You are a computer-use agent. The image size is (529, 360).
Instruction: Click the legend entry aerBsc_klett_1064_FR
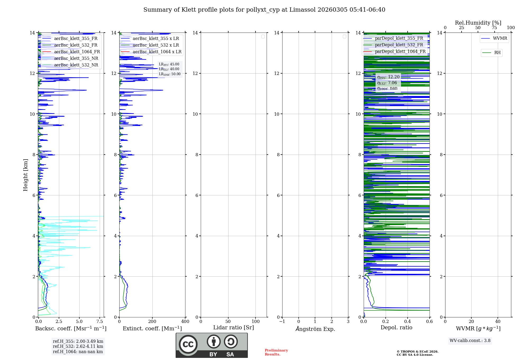(77, 52)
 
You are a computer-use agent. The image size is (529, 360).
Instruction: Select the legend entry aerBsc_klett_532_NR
(76, 65)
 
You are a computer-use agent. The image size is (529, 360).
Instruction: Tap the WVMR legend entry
(500, 38)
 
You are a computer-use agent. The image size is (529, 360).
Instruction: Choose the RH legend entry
(497, 53)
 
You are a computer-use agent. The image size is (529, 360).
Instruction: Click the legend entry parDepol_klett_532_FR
(399, 45)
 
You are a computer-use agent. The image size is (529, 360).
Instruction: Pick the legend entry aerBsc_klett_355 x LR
(156, 39)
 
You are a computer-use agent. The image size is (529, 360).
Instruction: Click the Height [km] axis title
(25, 175)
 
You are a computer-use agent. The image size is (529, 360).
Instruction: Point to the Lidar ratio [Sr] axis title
(234, 328)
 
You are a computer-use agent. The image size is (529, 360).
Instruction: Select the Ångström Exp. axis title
(315, 329)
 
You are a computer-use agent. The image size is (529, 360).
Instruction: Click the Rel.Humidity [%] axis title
(478, 23)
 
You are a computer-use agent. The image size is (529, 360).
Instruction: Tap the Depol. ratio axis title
(396, 328)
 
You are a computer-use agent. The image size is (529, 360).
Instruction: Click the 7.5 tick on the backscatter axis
(100, 322)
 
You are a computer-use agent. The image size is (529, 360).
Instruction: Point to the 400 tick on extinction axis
(185, 322)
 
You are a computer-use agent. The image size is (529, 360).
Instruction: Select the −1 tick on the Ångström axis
(282, 322)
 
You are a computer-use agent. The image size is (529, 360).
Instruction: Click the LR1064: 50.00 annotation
(170, 74)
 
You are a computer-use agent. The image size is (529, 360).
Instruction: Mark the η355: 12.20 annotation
(388, 77)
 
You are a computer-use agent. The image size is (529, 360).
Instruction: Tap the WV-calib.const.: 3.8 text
(470, 341)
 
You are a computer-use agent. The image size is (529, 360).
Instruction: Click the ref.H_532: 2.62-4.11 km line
(78, 346)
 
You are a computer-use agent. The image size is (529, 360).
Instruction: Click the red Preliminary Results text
(276, 352)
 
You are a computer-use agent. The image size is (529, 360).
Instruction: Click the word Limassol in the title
(302, 10)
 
